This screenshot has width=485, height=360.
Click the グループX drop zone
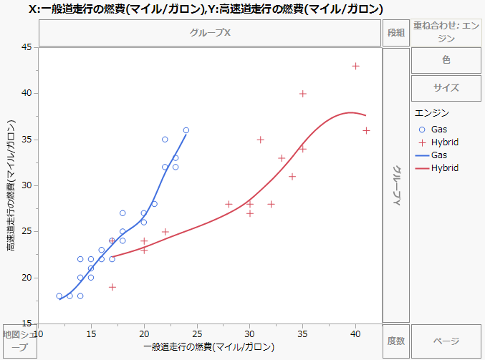210,33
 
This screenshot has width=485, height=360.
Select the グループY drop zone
395,185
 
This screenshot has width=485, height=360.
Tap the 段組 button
396,33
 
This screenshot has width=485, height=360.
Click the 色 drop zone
446,61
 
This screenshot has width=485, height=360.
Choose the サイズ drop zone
446,88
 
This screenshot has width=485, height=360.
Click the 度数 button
396,341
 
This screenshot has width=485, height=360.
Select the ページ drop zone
446,341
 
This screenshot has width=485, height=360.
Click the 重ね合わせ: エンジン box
446,32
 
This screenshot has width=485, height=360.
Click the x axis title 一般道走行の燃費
209,347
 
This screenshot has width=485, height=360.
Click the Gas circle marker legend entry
422,129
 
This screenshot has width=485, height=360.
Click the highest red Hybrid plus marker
355,66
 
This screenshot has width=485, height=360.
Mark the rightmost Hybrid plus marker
366,130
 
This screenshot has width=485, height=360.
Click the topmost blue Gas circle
186,130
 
